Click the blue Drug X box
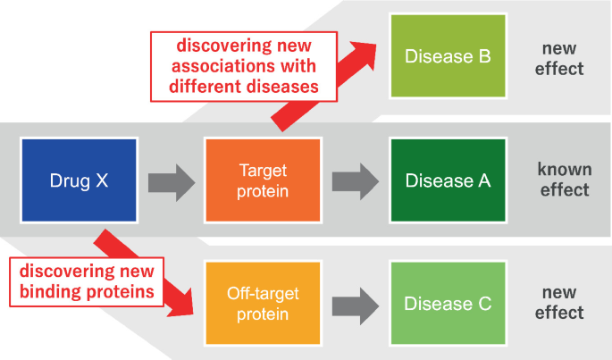(x=79, y=180)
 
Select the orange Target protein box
(x=263, y=180)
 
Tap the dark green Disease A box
(x=448, y=180)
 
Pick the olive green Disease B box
(x=448, y=56)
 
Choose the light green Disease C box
(x=448, y=304)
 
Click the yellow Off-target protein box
(x=263, y=304)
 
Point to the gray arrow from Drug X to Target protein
(x=171, y=181)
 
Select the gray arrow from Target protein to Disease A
(x=356, y=181)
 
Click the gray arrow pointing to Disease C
(x=356, y=304)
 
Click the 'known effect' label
(x=563, y=180)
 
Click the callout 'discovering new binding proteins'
(x=87, y=280)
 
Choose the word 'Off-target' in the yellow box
(x=263, y=294)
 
